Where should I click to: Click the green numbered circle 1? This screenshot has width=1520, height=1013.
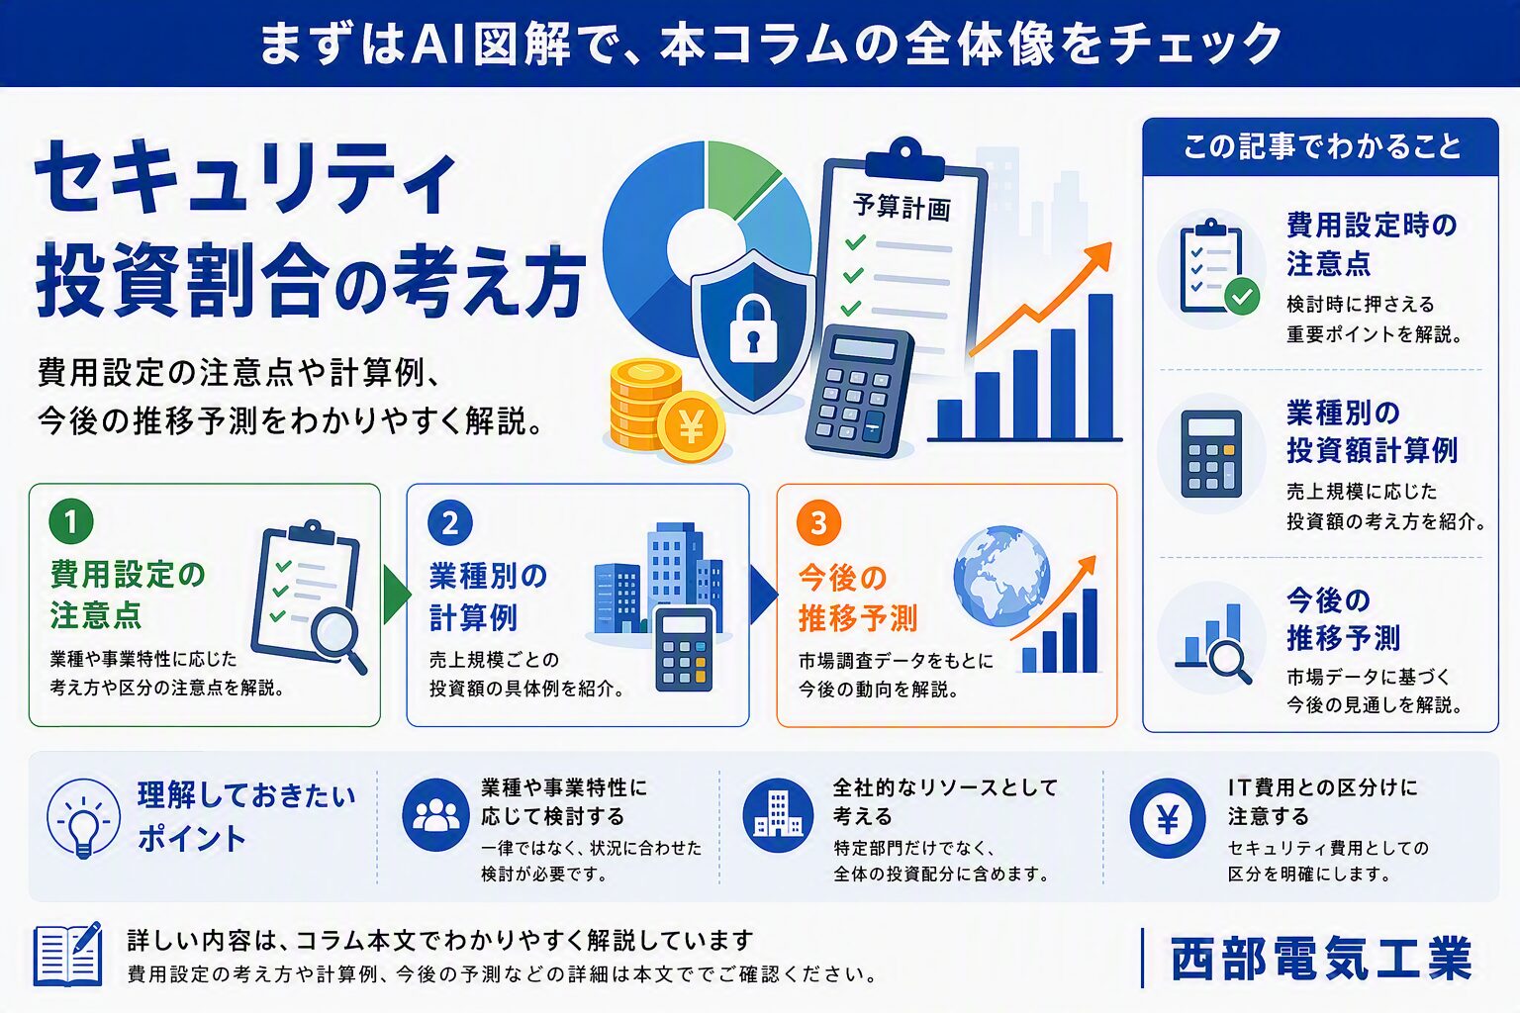click(x=71, y=521)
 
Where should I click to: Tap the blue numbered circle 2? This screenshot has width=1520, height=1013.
click(x=450, y=523)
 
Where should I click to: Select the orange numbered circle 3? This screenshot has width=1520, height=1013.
click(x=819, y=523)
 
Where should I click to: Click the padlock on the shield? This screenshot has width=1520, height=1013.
click(x=752, y=328)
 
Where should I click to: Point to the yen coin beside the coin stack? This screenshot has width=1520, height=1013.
click(x=692, y=426)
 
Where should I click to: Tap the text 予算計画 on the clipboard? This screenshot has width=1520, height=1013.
click(x=902, y=207)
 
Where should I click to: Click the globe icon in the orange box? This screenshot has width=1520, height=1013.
click(x=1000, y=576)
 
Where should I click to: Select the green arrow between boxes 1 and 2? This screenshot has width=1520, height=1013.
click(x=396, y=595)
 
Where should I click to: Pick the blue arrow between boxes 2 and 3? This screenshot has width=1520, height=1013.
click(x=763, y=595)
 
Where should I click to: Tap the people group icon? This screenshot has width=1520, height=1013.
click(x=435, y=815)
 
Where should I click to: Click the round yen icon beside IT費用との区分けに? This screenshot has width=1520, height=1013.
click(x=1167, y=817)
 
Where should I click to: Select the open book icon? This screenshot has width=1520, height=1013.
click(x=68, y=954)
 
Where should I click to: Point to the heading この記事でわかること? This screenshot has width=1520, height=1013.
click(x=1321, y=146)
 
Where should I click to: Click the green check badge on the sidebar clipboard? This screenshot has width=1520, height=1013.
click(x=1243, y=297)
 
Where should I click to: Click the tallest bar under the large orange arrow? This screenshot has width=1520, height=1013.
click(x=1100, y=367)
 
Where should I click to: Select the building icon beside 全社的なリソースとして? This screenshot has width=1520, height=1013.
click(x=779, y=815)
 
